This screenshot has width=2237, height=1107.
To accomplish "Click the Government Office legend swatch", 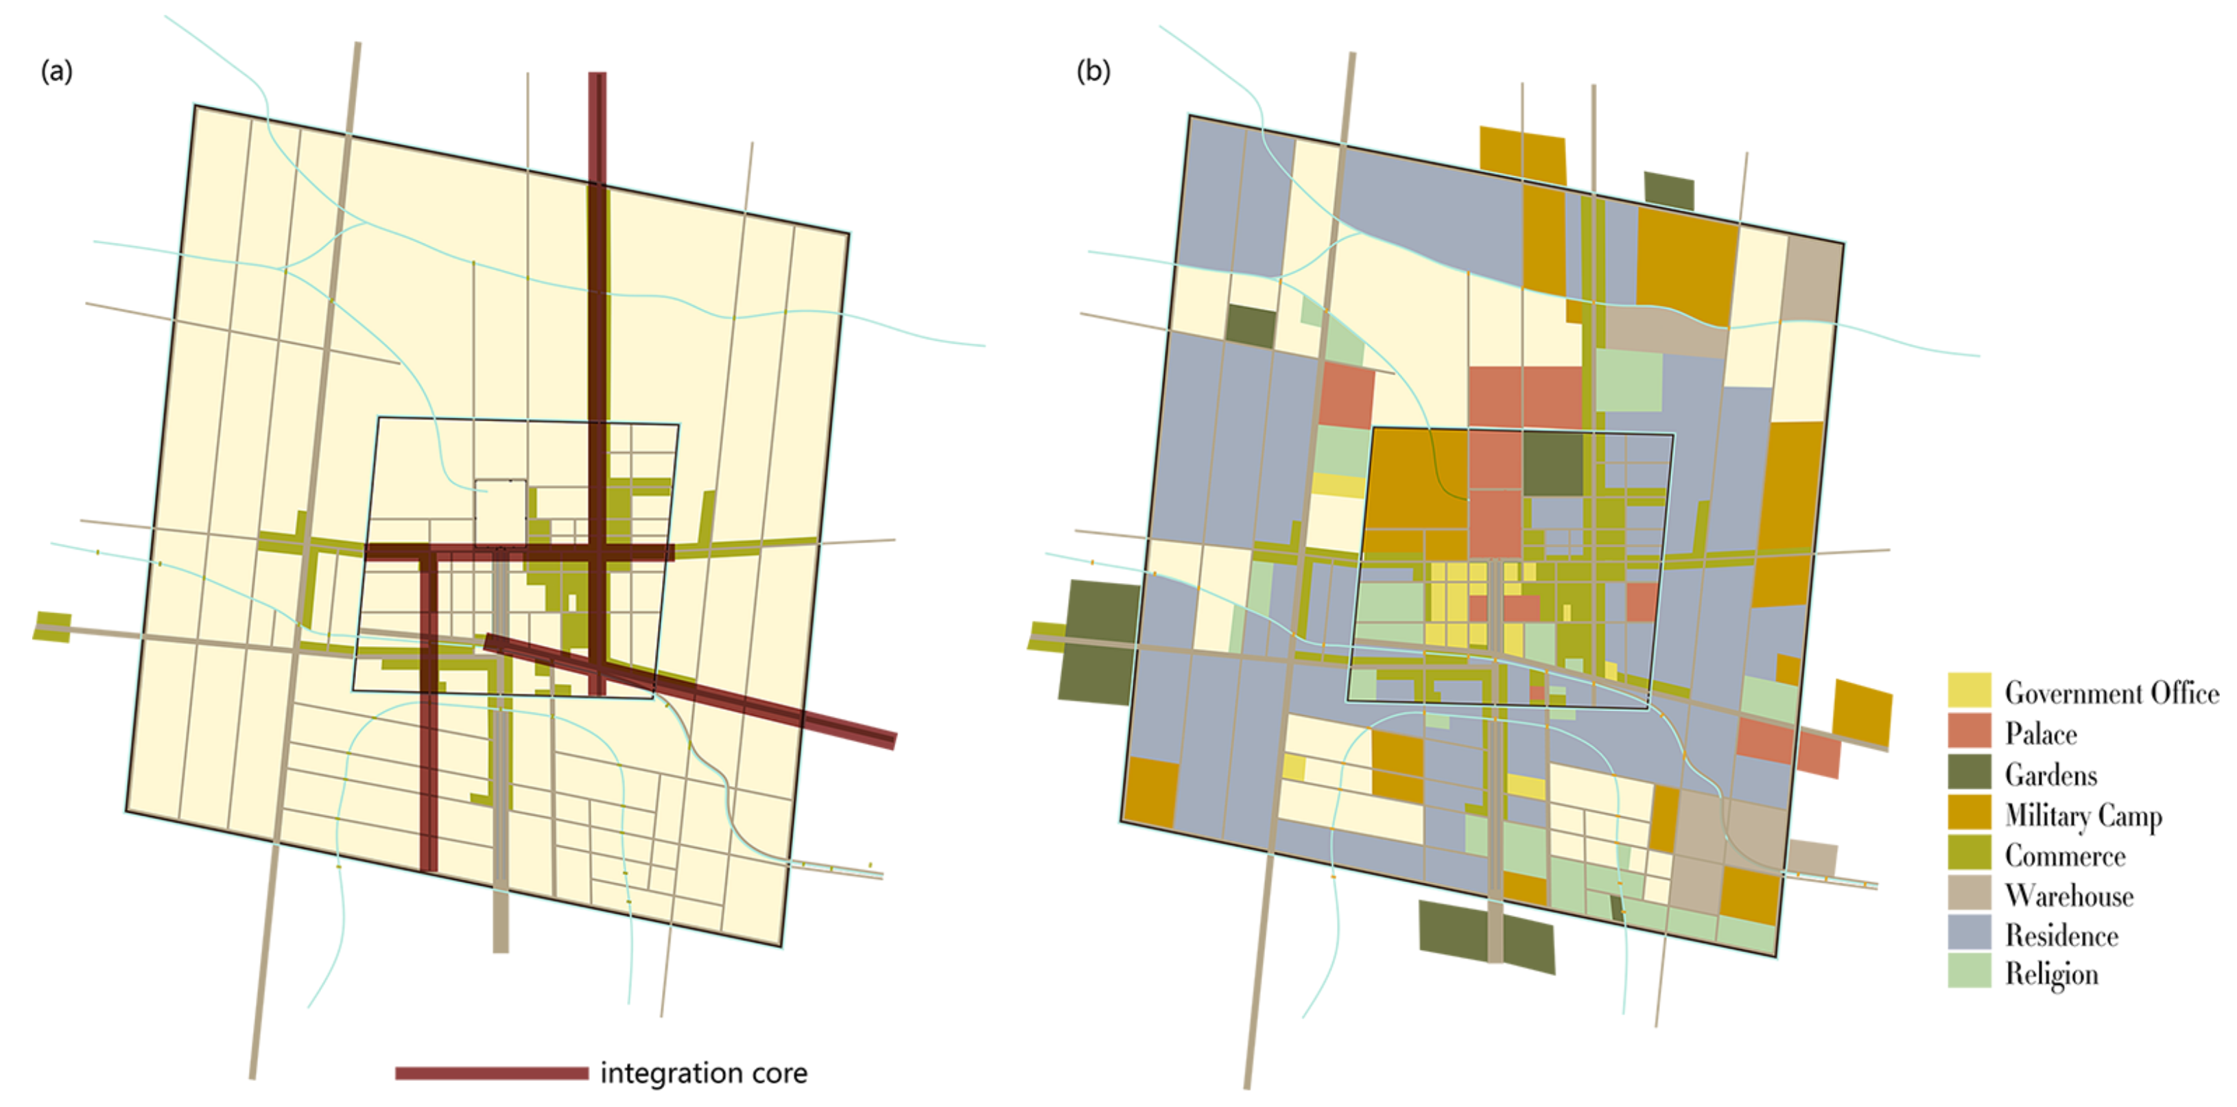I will pyautogui.click(x=1969, y=690).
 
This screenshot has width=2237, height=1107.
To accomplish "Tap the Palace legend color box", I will pyautogui.click(x=1969, y=731).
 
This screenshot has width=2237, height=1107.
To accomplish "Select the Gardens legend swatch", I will pyautogui.click(x=1969, y=772).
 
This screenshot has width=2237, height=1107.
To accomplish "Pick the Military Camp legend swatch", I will pyautogui.click(x=1969, y=813).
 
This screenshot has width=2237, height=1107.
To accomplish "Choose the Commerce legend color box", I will pyautogui.click(x=1969, y=853).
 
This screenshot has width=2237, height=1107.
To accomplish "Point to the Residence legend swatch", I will pyautogui.click(x=1969, y=933).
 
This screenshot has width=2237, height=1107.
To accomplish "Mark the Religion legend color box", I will pyautogui.click(x=1969, y=972).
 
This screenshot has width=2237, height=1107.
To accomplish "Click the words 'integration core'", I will pyautogui.click(x=703, y=1073).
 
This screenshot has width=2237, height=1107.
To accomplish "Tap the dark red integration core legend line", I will pyautogui.click(x=492, y=1073).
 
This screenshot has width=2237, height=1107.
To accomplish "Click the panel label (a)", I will pyautogui.click(x=56, y=71).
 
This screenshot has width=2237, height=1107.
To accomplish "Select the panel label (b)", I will pyautogui.click(x=1093, y=71).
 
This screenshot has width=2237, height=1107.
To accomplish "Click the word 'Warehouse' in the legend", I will pyautogui.click(x=2068, y=895).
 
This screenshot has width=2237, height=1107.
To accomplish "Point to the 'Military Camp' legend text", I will pyautogui.click(x=2083, y=816).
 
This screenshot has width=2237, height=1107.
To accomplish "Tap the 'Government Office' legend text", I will pyautogui.click(x=2111, y=693).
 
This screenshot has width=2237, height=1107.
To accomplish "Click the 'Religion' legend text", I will pyautogui.click(x=2051, y=974).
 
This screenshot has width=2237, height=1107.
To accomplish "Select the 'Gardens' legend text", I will pyautogui.click(x=2050, y=774).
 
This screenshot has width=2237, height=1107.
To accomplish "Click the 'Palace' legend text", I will pyautogui.click(x=2041, y=734).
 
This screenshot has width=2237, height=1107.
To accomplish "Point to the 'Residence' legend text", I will pyautogui.click(x=2061, y=935).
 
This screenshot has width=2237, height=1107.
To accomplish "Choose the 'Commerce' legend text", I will pyautogui.click(x=2065, y=855).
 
